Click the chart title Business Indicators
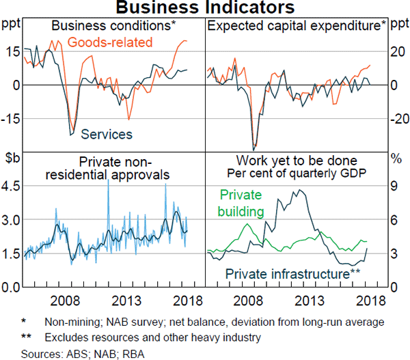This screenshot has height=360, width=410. point(205,8)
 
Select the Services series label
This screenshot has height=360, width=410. point(107,135)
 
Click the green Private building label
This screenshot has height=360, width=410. point(241,203)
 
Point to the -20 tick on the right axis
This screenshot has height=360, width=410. point(398,118)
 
